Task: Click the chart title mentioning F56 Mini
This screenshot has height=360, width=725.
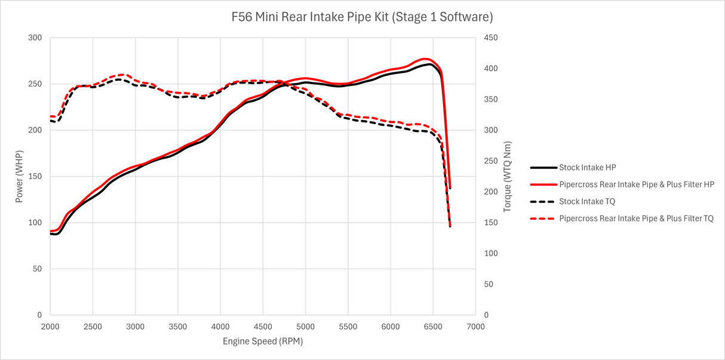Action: (x=362, y=17)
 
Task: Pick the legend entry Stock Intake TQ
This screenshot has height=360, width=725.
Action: (x=587, y=202)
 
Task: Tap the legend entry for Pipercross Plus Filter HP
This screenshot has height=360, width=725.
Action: (x=637, y=184)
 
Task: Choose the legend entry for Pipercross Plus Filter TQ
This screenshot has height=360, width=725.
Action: (x=636, y=219)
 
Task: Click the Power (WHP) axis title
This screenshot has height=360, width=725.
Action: (x=20, y=176)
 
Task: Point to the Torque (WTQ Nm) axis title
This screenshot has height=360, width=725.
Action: (x=508, y=177)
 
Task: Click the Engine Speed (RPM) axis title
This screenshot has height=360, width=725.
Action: (x=263, y=341)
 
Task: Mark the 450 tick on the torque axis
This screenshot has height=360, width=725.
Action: (x=491, y=38)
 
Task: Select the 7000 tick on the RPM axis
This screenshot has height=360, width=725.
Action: (x=475, y=327)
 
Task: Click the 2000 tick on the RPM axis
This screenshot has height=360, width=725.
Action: (x=50, y=327)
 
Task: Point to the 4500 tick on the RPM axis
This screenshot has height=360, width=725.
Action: (x=263, y=327)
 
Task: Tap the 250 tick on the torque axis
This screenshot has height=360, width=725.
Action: (x=491, y=161)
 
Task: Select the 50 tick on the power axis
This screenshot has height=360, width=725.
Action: (x=37, y=269)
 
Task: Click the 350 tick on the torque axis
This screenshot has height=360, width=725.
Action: (x=491, y=100)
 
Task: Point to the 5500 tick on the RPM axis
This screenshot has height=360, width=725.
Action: (x=348, y=327)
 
